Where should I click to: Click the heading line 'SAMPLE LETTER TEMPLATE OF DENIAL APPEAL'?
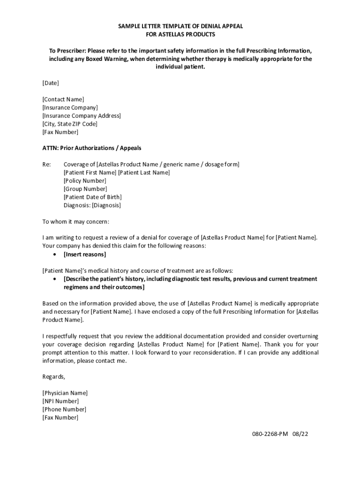tap(180, 26)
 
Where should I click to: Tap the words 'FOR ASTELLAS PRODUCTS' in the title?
tap(180, 35)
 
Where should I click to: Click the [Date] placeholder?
tap(51, 83)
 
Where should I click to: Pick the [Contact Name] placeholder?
tap(63, 99)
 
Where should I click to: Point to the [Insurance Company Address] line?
tap(82, 116)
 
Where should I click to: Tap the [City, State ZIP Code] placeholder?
tap(70, 124)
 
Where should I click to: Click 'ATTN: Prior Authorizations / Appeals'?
tap(92, 148)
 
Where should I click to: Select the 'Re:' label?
tap(47, 165)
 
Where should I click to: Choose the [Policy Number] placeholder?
tap(85, 180)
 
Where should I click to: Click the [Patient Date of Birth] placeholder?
tap(93, 197)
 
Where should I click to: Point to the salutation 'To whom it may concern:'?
tap(75, 221)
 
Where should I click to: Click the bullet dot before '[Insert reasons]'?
tap(55, 255)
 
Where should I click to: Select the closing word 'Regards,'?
tap(54, 377)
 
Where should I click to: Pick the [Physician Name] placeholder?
tap(65, 393)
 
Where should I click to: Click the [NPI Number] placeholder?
tap(60, 401)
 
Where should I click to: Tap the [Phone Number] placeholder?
tap(64, 409)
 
